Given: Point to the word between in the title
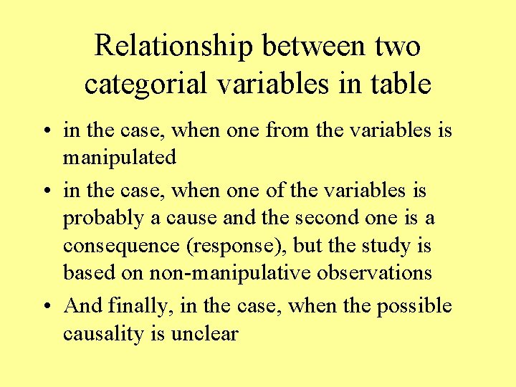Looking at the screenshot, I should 314,47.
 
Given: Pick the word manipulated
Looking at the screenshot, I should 119,157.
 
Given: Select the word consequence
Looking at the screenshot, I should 121,246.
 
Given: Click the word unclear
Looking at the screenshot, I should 204,333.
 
